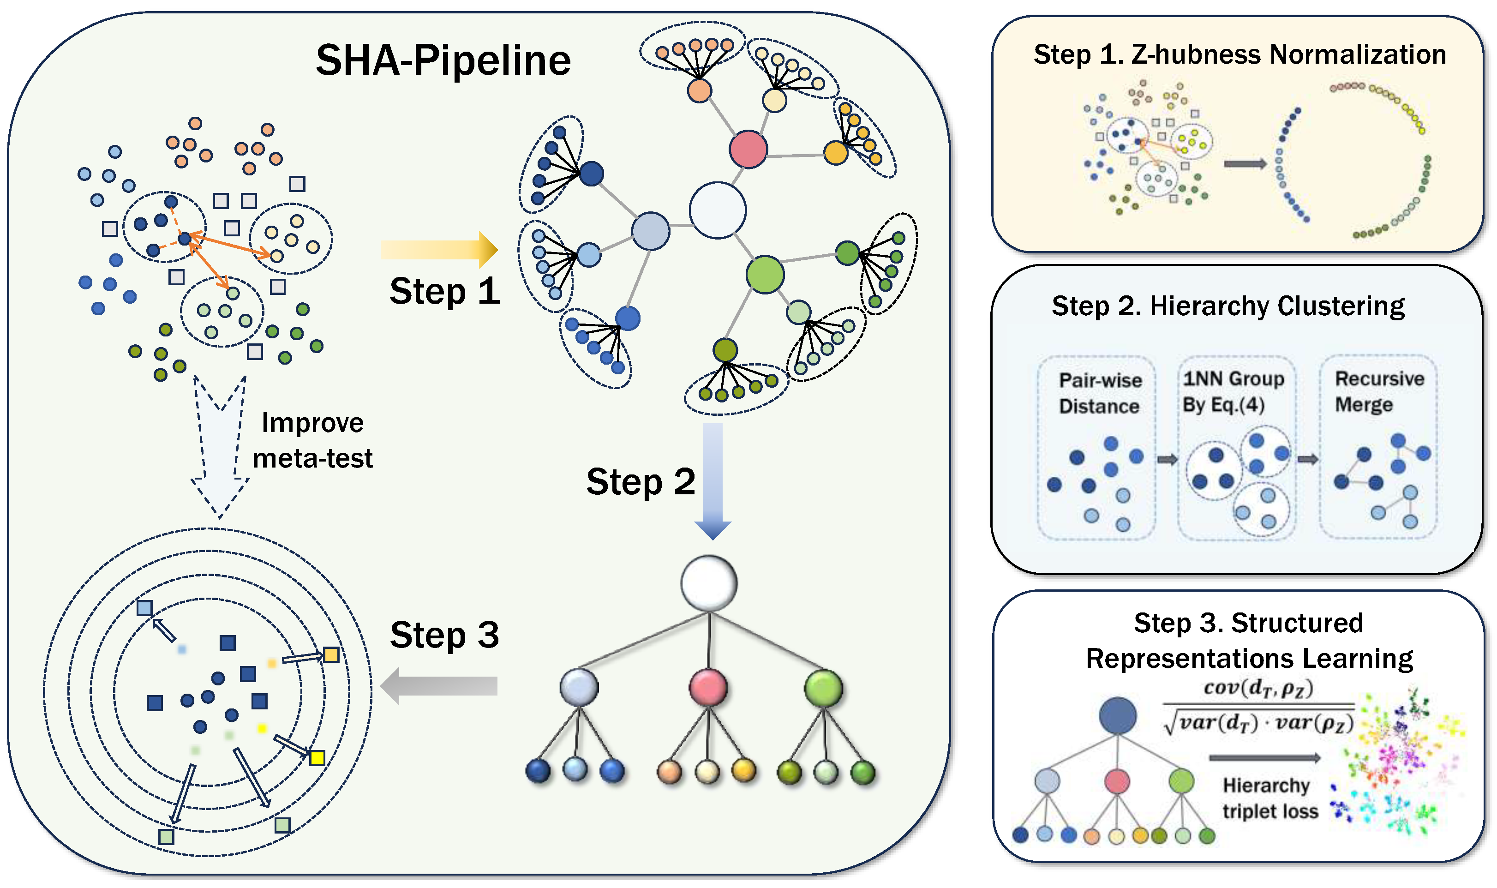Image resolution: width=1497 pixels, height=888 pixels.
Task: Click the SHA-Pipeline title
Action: pyautogui.click(x=443, y=60)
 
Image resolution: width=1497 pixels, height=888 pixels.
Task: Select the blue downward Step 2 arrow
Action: pyautogui.click(x=713, y=481)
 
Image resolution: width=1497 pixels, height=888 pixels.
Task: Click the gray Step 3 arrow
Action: pyautogui.click(x=439, y=686)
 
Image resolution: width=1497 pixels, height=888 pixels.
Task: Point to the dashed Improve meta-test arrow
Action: pyautogui.click(x=220, y=446)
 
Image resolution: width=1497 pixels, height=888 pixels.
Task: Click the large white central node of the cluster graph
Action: pyautogui.click(x=718, y=210)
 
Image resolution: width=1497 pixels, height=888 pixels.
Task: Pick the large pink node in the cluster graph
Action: pyautogui.click(x=748, y=149)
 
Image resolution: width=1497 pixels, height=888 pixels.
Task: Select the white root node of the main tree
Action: pyautogui.click(x=709, y=583)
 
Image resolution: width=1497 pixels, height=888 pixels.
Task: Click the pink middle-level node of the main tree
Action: pyautogui.click(x=708, y=688)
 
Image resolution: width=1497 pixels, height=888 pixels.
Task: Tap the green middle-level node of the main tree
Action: pyautogui.click(x=824, y=688)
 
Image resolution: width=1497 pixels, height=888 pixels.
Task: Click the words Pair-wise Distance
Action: pyautogui.click(x=1100, y=393)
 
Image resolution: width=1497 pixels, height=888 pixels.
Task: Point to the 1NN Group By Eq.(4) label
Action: pyautogui.click(x=1233, y=391)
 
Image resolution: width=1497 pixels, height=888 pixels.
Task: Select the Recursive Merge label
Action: pyautogui.click(x=1379, y=391)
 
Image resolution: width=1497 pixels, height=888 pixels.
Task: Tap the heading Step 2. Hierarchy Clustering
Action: pyautogui.click(x=1228, y=306)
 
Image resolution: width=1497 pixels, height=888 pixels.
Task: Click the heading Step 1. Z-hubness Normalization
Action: pyautogui.click(x=1240, y=54)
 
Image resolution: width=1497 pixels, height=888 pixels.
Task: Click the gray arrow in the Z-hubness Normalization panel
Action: pyautogui.click(x=1245, y=164)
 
